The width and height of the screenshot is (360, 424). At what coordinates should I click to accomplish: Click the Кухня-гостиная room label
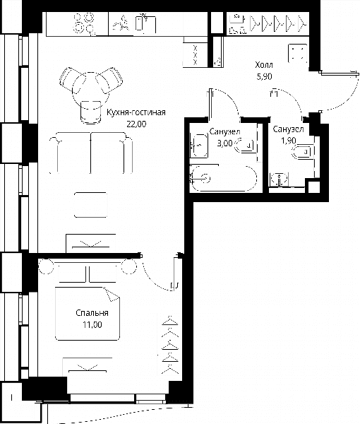(x=136, y=112)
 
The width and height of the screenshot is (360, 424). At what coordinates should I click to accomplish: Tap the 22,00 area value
(x=136, y=124)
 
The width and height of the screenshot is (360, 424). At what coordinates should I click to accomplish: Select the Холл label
(x=264, y=65)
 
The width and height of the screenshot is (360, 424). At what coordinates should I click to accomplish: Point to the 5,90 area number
(x=264, y=76)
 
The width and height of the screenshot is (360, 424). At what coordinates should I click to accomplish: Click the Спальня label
(x=92, y=313)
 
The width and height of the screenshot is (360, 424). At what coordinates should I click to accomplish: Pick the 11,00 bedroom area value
(x=92, y=324)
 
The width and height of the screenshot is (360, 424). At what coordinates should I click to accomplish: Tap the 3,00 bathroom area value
(x=224, y=143)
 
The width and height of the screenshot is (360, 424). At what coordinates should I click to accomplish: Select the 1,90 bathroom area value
(x=288, y=141)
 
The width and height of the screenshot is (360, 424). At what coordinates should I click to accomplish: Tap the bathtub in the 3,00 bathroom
(x=223, y=179)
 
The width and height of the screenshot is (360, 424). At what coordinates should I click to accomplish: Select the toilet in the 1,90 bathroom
(x=303, y=152)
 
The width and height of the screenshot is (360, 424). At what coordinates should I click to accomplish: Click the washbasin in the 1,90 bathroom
(x=280, y=179)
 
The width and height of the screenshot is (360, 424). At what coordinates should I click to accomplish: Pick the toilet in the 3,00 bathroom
(x=245, y=146)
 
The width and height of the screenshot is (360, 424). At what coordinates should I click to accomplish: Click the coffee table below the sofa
(x=90, y=205)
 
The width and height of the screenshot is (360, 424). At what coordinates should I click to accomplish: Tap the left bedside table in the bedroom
(x=46, y=266)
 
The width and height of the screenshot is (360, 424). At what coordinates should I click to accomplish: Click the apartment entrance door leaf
(x=340, y=73)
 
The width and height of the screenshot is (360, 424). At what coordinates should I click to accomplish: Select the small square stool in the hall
(x=298, y=53)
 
